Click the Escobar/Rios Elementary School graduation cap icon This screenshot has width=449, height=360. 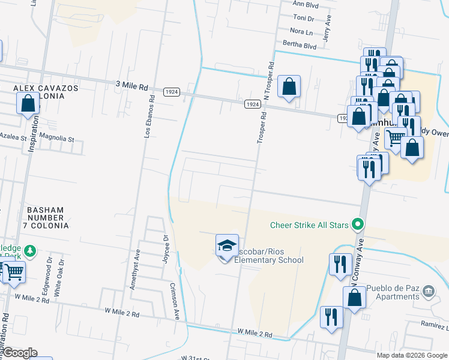click(227, 246)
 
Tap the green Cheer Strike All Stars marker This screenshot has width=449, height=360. click(358, 225)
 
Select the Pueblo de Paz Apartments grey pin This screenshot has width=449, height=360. click(429, 292)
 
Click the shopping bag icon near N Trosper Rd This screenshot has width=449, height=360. click(289, 86)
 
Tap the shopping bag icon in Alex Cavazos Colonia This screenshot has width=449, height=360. click(28, 104)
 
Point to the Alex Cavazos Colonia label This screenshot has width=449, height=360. click(46, 92)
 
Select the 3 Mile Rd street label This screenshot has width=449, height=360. click(131, 86)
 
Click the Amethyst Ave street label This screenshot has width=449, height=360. click(136, 270)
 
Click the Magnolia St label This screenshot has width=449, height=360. click(56, 139)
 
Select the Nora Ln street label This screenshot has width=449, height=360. click(301, 31)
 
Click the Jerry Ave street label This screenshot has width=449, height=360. click(326, 31)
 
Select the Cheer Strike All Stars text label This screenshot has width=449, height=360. click(310, 225)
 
